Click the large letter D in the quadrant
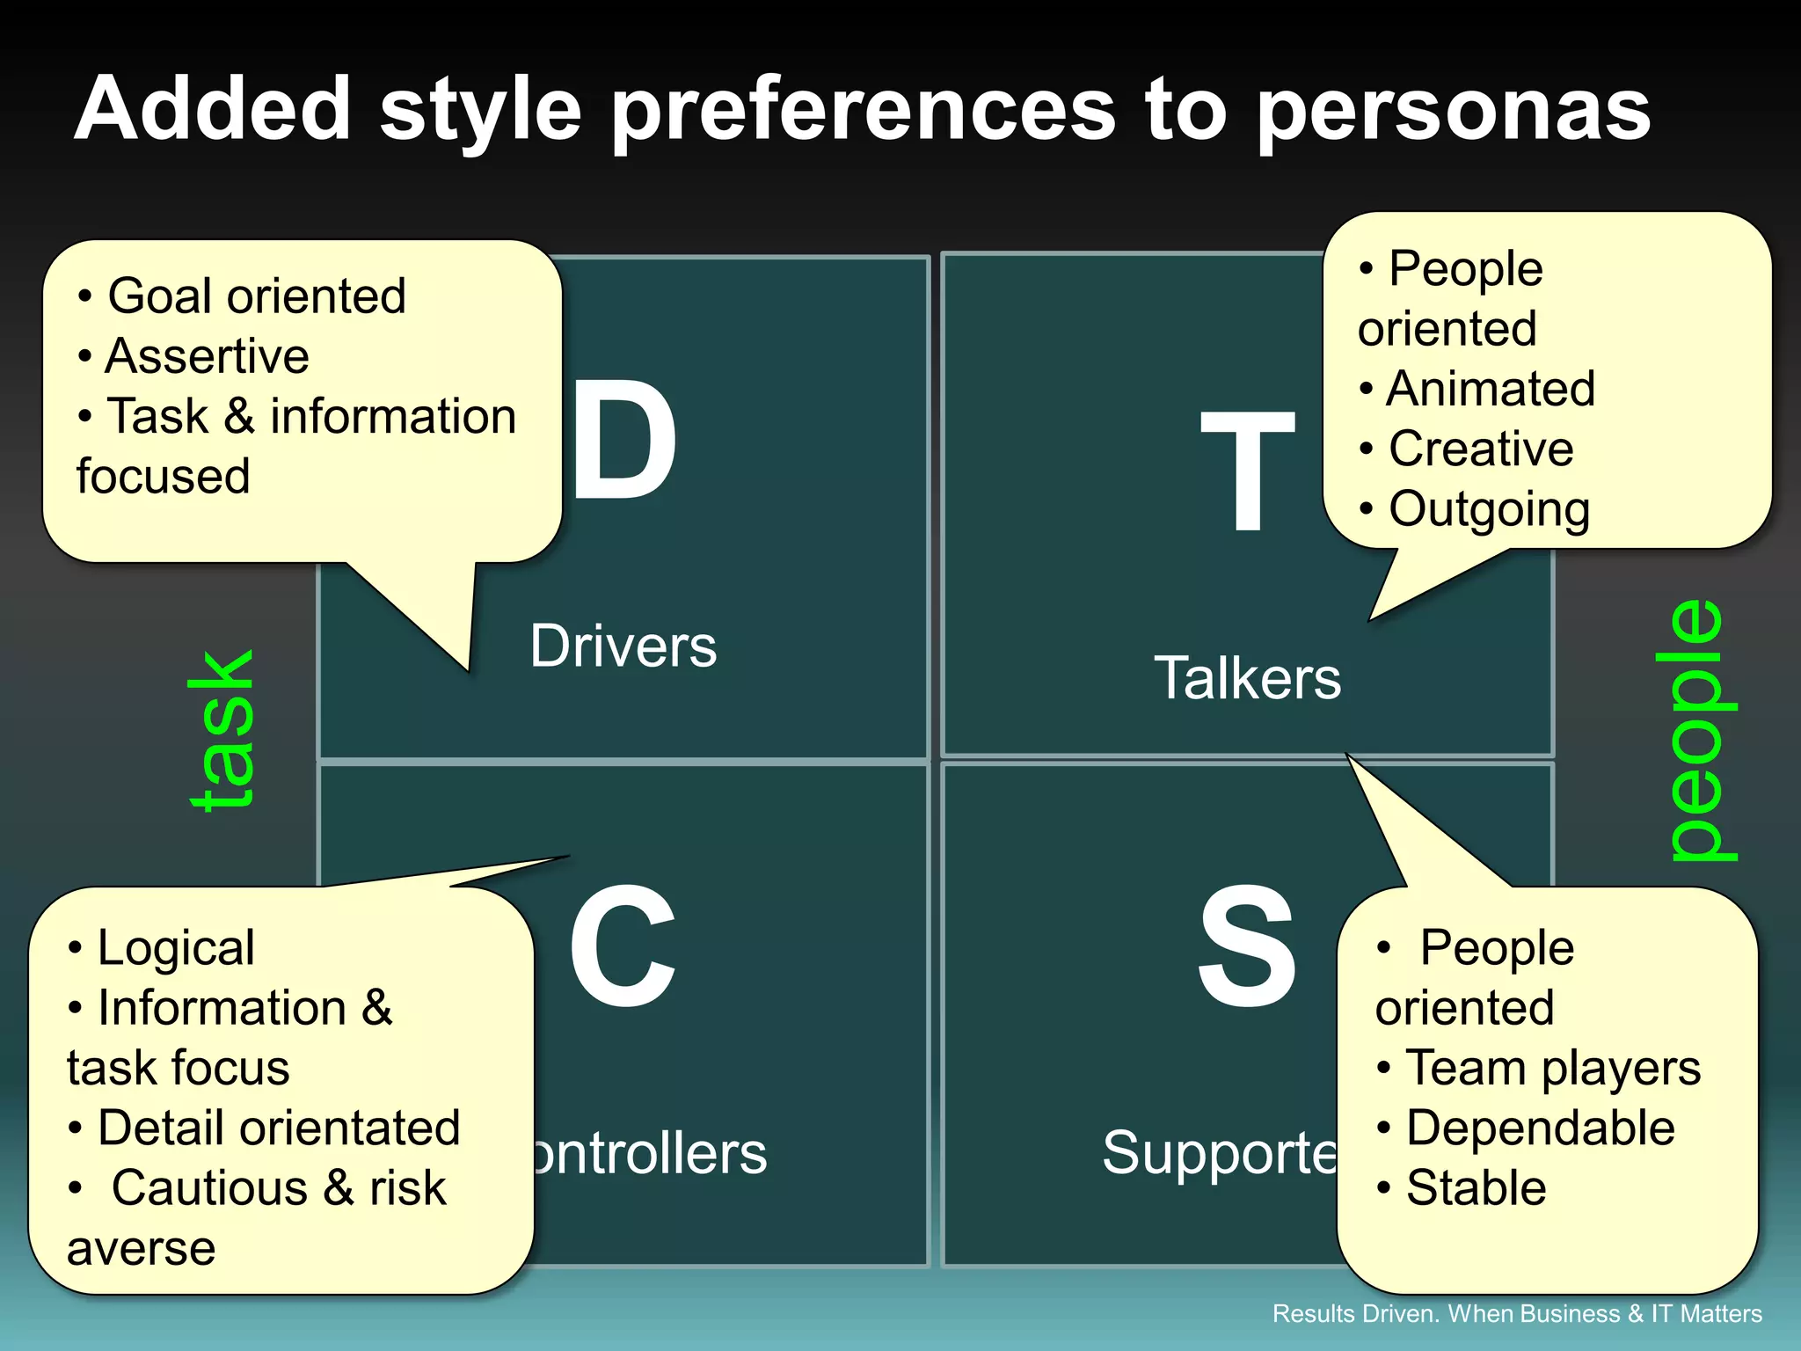coord(624,440)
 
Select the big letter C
coord(623,946)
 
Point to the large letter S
coord(1247,946)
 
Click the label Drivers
coord(623,646)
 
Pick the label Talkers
coord(1247,678)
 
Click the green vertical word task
coord(222,730)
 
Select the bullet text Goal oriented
coord(256,296)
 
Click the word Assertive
coord(207,356)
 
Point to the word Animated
coord(1491,389)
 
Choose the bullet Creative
coord(1481,449)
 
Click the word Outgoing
coord(1490,509)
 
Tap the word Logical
coord(176,948)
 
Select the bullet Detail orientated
coord(279,1128)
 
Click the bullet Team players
coord(1553,1068)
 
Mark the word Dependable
coord(1541,1128)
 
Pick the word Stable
coord(1476,1188)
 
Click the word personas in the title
coord(1453,110)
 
